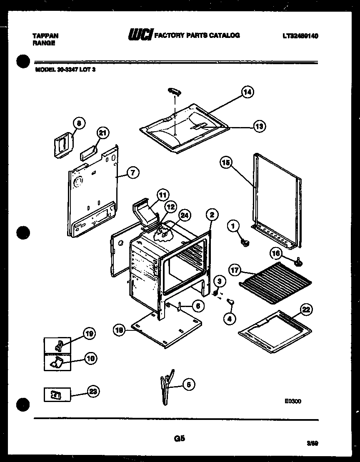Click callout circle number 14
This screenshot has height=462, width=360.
click(x=247, y=92)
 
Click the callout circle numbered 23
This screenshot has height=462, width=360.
click(x=94, y=391)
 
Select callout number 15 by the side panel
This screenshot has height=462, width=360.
click(x=227, y=163)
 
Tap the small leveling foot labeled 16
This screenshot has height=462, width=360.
click(x=298, y=261)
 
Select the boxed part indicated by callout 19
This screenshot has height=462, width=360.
click(x=59, y=345)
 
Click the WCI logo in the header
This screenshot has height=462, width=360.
click(x=141, y=35)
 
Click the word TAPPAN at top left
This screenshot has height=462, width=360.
click(x=45, y=36)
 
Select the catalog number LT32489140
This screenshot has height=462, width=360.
click(x=300, y=36)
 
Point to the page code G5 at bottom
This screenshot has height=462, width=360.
click(x=179, y=438)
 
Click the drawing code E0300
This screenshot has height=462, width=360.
click(x=292, y=401)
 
